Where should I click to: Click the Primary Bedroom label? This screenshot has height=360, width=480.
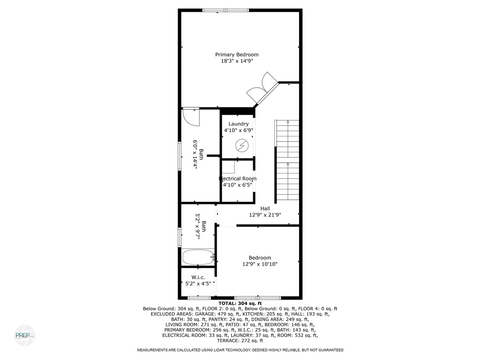[237, 54]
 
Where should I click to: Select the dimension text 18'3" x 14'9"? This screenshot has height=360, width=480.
[237, 61]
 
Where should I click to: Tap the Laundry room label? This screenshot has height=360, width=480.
[239, 124]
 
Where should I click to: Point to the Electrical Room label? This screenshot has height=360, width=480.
[238, 179]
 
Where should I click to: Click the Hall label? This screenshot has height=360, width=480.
[265, 209]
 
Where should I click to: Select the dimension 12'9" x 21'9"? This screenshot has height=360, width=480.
[265, 215]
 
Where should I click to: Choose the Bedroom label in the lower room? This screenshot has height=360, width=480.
[260, 258]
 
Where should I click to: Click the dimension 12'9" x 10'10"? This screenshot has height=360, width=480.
[260, 264]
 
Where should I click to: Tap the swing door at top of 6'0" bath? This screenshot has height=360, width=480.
[191, 117]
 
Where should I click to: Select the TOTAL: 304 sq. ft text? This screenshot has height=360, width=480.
[240, 303]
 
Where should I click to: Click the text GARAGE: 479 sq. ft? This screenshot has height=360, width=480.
[205, 315]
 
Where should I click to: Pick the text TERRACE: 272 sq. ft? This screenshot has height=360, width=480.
[240, 341]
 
